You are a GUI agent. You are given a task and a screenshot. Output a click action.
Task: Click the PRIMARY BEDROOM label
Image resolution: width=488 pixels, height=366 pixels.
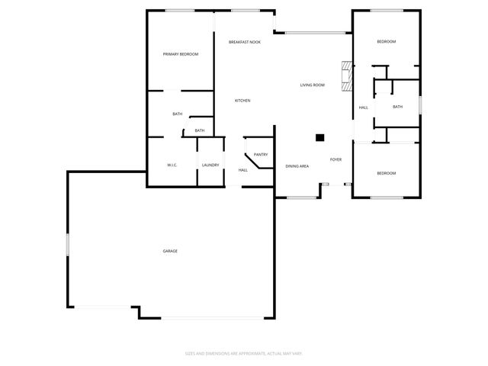tap(181, 54)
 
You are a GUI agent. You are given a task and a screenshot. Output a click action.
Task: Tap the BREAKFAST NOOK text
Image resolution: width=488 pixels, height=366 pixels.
tap(245, 42)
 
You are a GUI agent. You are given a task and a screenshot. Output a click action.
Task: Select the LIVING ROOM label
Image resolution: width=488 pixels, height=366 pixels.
tap(312, 85)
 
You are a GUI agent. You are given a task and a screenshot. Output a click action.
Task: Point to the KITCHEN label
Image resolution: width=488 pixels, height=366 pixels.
tap(242, 101)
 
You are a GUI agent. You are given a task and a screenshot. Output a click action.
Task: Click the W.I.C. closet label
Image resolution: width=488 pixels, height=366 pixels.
tap(172, 165)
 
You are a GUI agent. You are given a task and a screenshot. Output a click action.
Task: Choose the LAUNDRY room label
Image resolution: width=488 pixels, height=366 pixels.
tap(210, 165)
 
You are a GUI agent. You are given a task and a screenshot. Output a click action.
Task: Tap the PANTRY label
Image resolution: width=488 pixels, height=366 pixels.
tap(260, 154)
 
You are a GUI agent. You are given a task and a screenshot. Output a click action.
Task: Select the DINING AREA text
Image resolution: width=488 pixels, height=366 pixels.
tap(297, 165)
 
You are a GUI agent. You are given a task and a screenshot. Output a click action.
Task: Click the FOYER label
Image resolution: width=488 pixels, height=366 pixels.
tap(335, 159)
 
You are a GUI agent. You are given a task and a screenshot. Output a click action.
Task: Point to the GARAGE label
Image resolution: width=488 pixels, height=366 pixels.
tap(170, 251)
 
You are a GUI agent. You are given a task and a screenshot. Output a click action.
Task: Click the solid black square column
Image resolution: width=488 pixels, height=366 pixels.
tap(320, 138)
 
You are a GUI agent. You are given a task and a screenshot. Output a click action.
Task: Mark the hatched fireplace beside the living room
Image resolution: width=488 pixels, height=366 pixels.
tap(348, 76)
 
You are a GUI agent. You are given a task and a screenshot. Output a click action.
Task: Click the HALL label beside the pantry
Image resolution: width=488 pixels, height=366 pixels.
tap(242, 170)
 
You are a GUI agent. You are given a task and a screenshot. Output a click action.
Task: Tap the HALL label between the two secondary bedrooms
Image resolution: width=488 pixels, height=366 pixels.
tap(363, 107)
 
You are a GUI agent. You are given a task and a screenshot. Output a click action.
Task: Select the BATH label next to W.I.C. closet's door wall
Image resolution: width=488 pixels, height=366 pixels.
tap(199, 130)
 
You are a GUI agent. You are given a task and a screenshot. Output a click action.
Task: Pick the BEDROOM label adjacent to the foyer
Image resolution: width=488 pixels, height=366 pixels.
tap(387, 173)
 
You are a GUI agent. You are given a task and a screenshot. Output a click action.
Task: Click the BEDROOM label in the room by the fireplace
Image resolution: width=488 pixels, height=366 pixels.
tap(387, 41)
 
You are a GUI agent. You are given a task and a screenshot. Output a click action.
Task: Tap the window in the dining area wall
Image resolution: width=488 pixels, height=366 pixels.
tap(301, 197)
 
